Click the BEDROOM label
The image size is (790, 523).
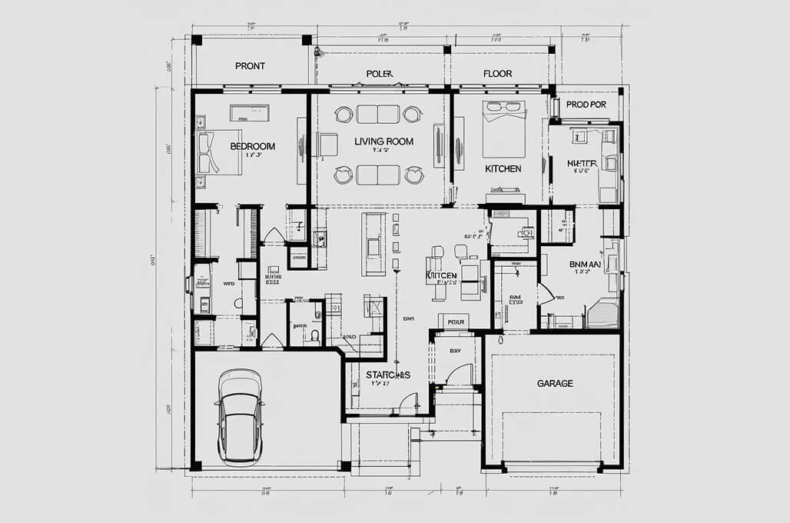[x=252, y=146]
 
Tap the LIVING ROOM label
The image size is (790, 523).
[x=383, y=142]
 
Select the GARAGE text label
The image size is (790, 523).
[x=554, y=383]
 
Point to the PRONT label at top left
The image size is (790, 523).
[x=250, y=66]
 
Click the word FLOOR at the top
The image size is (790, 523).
[x=497, y=75]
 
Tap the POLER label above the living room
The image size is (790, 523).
[x=379, y=75]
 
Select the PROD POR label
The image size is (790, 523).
[x=586, y=104]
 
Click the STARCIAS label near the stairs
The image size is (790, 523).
[x=387, y=375]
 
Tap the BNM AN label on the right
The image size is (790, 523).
[x=585, y=264]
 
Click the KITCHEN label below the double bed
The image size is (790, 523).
[x=503, y=168]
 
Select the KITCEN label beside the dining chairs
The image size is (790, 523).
[x=441, y=275]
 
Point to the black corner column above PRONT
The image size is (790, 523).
[x=197, y=40]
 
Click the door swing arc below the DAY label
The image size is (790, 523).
[x=459, y=375]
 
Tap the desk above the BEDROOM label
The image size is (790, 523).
[x=249, y=112]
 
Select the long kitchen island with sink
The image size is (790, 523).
[x=374, y=244]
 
